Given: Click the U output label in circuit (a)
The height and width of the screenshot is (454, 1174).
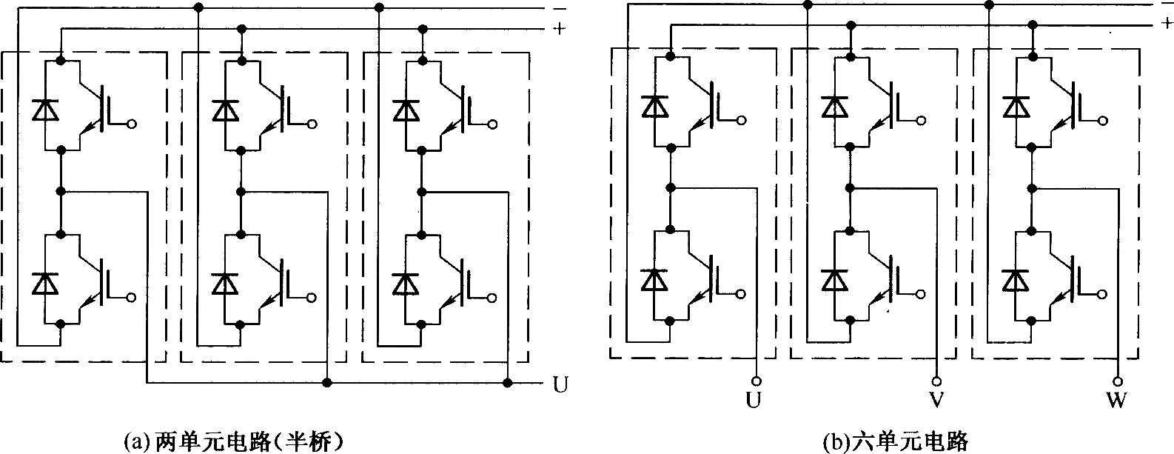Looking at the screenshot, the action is pos(560,385).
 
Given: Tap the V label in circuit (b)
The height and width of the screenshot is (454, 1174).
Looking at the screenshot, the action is pos(936,400).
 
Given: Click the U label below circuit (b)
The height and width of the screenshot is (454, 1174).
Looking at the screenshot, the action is pos(754,400).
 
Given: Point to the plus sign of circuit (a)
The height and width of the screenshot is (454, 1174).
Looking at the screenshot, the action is pos(560,28).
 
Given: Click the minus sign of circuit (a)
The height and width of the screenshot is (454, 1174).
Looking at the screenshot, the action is pos(560,9).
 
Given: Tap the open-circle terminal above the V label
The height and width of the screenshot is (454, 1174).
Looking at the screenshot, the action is pos(936,381).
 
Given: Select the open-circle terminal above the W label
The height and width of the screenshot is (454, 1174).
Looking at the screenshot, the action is pos(1118,381).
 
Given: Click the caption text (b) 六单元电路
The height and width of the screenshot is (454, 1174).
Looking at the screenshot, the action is pos(895,441).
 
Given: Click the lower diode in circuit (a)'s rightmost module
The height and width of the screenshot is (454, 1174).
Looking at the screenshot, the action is pos(406,284).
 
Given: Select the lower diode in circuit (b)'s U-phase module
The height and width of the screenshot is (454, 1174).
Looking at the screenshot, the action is pos(654,280).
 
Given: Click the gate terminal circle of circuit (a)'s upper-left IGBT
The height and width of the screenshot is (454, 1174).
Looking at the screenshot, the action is pos(132,124).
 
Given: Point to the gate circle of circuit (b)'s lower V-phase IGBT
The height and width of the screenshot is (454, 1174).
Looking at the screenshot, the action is pos(922,294).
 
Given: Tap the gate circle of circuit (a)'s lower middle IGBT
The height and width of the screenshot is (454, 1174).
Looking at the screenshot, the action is pos(312,298).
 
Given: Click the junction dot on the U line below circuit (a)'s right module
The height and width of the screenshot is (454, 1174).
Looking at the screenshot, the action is pos(507,383).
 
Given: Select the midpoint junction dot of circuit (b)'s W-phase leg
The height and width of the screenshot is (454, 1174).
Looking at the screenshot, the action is pos(1032,188).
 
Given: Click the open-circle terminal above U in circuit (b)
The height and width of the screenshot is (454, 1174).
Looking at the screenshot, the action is pos(756,381).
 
